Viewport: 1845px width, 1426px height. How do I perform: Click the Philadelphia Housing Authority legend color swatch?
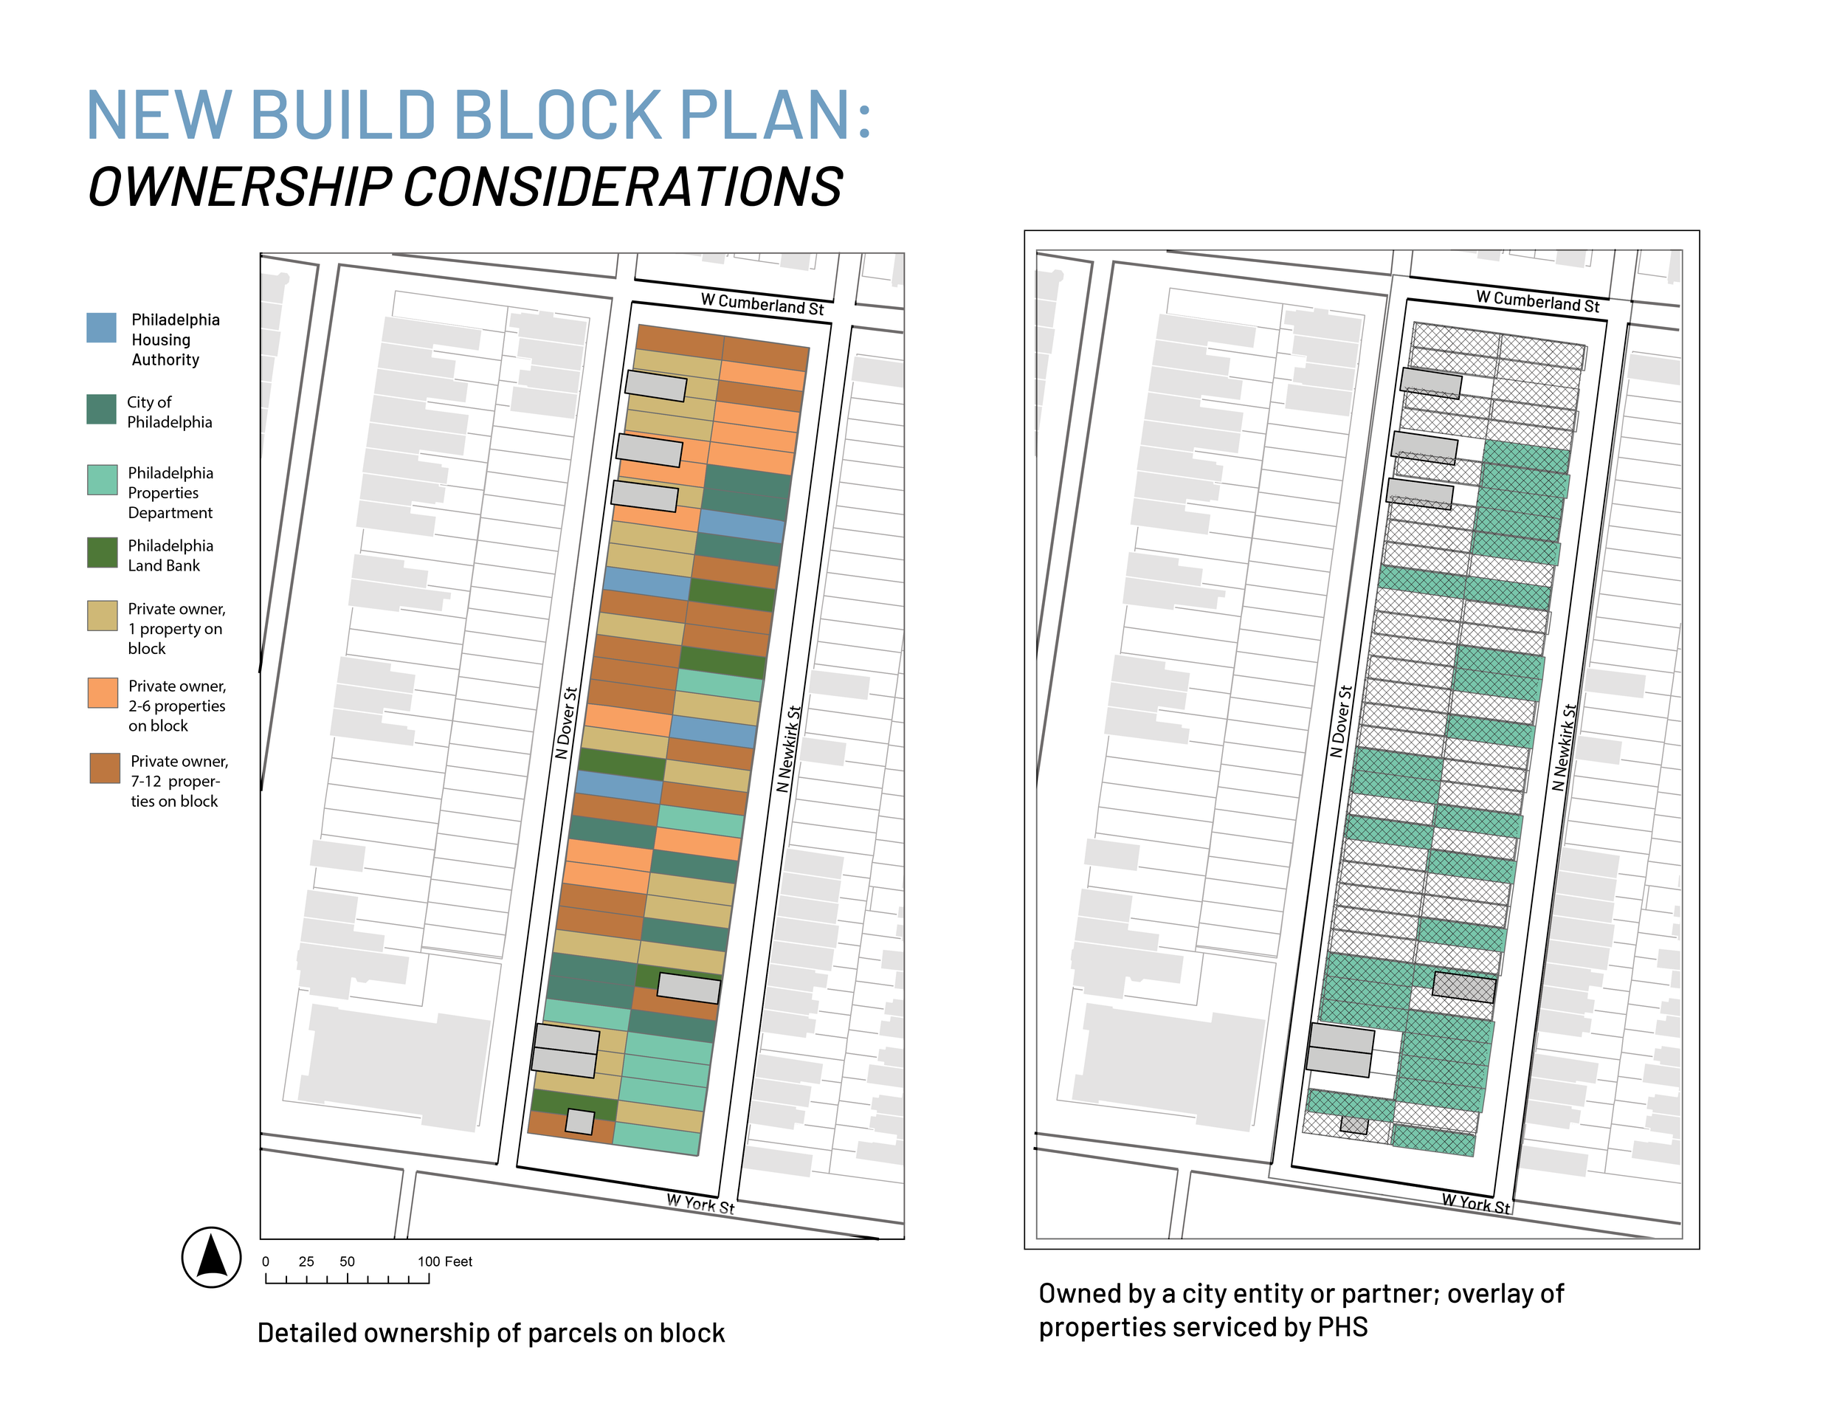click(101, 328)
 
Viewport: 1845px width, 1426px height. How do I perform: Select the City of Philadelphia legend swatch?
click(101, 410)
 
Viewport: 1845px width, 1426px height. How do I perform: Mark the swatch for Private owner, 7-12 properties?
click(105, 769)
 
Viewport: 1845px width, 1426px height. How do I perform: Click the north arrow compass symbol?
click(211, 1257)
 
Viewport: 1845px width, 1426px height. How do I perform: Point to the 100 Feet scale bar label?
click(444, 1261)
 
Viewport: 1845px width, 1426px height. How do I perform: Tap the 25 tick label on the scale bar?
click(306, 1261)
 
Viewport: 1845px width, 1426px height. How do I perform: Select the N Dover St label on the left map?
click(566, 723)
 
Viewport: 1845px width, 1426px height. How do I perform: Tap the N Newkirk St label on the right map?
click(1564, 748)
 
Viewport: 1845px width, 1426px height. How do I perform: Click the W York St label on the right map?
click(1475, 1203)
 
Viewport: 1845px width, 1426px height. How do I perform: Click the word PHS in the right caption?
click(1342, 1327)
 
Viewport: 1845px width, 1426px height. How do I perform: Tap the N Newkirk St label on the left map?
click(788, 748)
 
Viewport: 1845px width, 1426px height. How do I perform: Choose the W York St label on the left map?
click(700, 1204)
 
